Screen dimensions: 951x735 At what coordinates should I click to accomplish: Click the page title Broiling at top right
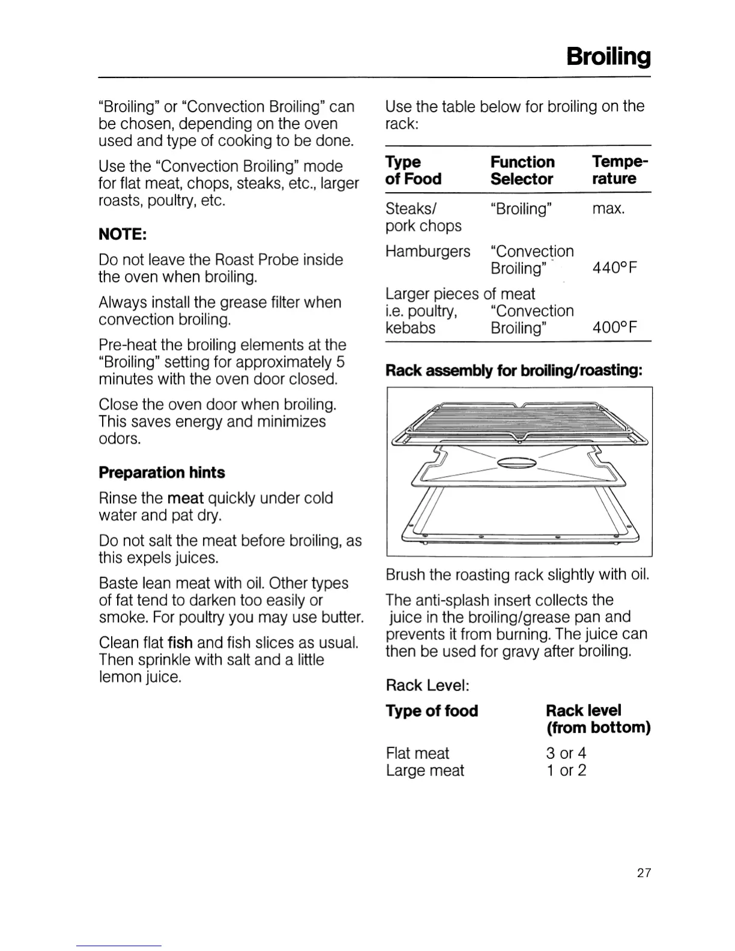[608, 56]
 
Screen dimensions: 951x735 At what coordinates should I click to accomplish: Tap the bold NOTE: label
[122, 234]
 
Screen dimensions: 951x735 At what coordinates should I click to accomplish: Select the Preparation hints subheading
[162, 472]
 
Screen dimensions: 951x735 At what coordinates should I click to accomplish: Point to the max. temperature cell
[608, 209]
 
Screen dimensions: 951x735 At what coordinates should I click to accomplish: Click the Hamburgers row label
[428, 251]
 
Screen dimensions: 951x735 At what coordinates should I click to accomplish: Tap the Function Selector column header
[522, 171]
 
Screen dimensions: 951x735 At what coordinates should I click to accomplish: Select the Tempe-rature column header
[620, 170]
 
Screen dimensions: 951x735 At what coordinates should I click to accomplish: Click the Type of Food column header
[413, 171]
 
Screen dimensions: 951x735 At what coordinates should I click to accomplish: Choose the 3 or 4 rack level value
[566, 753]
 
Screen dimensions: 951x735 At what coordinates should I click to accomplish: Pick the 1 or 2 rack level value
[566, 770]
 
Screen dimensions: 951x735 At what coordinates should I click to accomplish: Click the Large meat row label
[425, 770]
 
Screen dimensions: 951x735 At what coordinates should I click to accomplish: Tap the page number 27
[644, 873]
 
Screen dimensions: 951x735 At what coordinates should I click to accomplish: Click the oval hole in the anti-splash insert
[518, 462]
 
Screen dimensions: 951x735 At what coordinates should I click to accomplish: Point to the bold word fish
[180, 643]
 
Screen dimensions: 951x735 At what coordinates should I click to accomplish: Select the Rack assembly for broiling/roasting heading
[514, 370]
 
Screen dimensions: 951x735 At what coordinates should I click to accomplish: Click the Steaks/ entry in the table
[411, 209]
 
